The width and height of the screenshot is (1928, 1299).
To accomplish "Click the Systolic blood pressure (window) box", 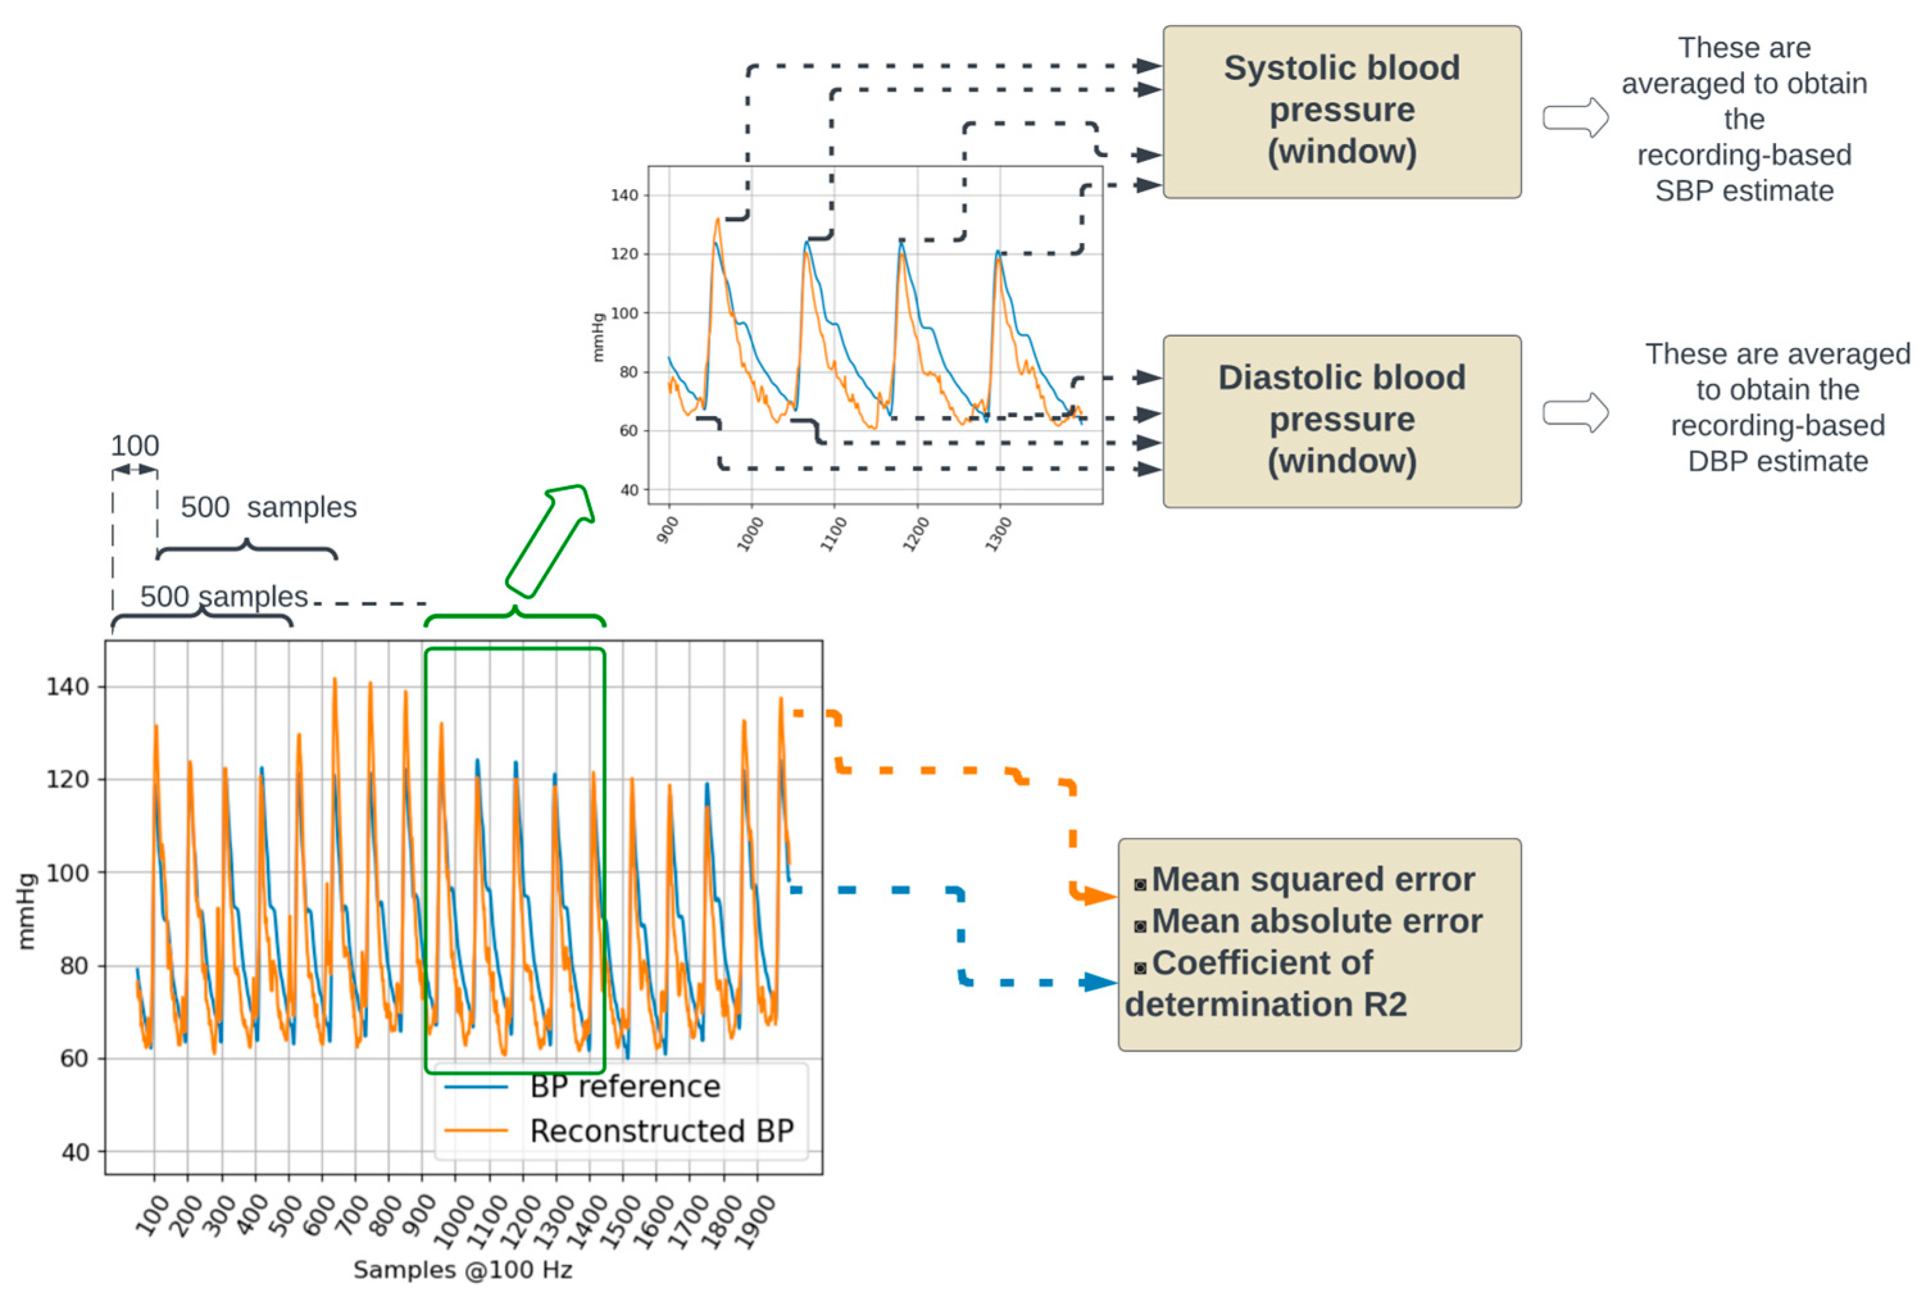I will tap(1341, 111).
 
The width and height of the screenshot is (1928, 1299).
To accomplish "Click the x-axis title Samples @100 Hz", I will tap(462, 1269).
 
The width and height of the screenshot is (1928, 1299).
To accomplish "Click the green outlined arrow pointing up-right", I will tap(549, 541).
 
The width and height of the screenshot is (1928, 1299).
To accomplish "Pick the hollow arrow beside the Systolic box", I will tap(1574, 118).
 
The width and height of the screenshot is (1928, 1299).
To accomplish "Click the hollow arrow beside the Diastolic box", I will tap(1574, 413).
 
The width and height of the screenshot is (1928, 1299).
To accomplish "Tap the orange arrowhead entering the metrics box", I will tap(1101, 897).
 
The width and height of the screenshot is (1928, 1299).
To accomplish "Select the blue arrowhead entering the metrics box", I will tap(1101, 982).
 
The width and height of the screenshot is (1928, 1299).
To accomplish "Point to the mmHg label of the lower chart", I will tap(26, 911).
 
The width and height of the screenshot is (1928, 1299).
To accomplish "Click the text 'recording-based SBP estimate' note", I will tap(1743, 172).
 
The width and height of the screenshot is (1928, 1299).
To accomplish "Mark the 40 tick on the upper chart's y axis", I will tap(629, 490).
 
